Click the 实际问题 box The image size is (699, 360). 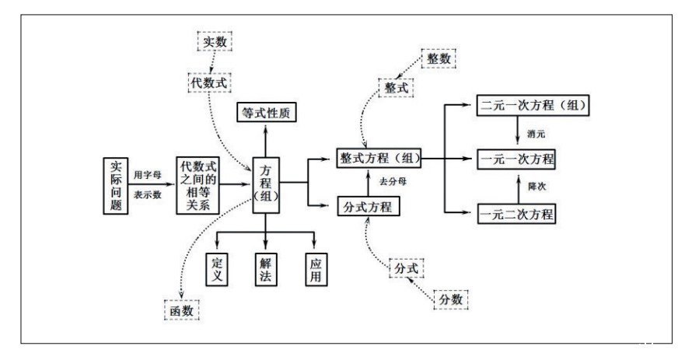point(115,186)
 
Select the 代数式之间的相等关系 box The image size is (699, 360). point(197,185)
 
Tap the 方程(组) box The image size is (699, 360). point(265,186)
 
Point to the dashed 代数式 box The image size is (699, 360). point(211,80)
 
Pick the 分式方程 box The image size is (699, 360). point(369,207)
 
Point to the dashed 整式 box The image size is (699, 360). point(395,88)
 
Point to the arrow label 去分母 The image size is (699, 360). point(392,182)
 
